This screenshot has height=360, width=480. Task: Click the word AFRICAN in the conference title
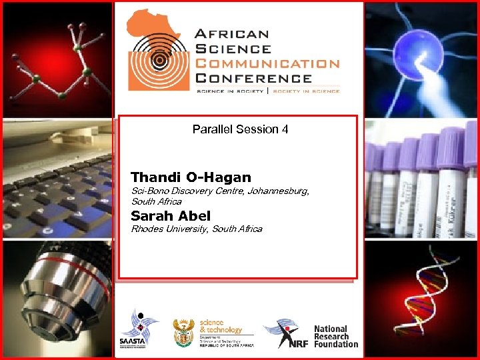click(231, 34)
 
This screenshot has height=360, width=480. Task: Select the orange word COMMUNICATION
click(267, 63)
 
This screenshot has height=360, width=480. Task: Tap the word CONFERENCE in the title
click(253, 78)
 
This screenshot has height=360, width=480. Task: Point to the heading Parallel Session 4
click(240, 129)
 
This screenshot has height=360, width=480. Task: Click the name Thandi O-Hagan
click(191, 177)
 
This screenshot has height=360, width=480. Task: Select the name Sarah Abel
click(171, 216)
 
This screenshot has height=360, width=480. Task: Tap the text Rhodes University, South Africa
click(197, 229)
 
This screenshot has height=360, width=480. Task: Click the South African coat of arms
click(183, 332)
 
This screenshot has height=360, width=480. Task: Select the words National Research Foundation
click(335, 336)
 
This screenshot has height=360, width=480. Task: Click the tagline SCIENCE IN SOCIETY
click(229, 91)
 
